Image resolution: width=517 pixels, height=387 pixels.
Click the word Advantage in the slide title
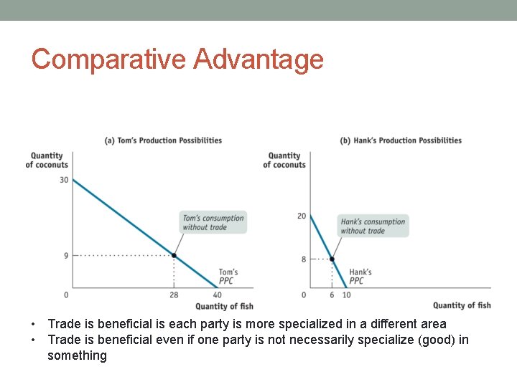click(258, 59)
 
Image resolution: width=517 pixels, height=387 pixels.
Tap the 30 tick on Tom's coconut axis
click(64, 180)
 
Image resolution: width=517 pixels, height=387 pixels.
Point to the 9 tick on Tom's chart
click(65, 256)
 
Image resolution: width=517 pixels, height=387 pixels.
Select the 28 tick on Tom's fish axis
click(174, 295)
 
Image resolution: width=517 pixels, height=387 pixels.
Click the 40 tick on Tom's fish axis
click(217, 295)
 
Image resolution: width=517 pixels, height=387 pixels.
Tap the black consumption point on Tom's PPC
click(174, 256)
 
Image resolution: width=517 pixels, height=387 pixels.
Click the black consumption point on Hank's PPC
click(332, 259)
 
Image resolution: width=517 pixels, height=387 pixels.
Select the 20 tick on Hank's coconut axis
click(302, 216)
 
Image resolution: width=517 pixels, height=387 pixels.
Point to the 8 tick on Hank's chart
click(304, 259)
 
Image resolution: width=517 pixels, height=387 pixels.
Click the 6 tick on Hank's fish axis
click(332, 295)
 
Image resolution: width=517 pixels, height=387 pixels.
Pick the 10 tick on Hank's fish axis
click(346, 295)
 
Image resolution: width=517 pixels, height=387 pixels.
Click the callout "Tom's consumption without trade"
click(213, 222)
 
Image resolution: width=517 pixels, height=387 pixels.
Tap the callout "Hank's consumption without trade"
click(373, 226)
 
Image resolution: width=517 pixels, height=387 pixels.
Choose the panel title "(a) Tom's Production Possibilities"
click(164, 140)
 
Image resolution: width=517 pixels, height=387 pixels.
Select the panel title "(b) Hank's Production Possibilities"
click(401, 140)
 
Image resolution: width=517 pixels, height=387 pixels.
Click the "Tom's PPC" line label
click(228, 277)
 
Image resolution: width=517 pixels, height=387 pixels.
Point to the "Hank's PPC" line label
click(360, 277)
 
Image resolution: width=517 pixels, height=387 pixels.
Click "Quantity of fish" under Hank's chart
click(462, 306)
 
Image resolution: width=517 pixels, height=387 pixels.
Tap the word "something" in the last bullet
click(77, 356)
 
